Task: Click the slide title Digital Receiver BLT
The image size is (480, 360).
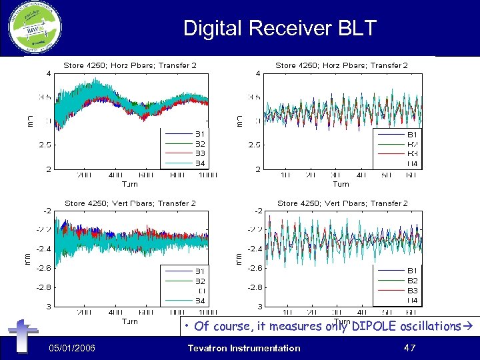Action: (279, 28)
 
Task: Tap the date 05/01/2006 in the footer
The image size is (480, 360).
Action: (75, 348)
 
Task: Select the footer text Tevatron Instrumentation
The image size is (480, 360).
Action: (244, 348)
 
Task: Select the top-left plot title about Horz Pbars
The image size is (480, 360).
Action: (130, 65)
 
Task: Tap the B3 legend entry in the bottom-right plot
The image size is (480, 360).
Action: (412, 291)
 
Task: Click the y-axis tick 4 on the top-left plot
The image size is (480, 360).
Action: (47, 73)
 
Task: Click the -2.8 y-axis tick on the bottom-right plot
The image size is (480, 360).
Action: (256, 287)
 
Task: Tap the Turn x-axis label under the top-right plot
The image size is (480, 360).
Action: (341, 184)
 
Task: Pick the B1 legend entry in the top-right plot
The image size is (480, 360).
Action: (412, 134)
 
